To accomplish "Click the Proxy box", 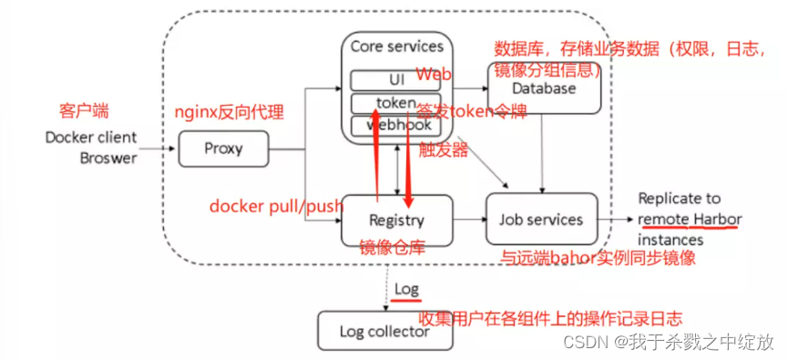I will click(x=223, y=148).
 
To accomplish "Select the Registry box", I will click(x=395, y=220).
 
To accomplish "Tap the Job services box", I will click(x=541, y=220).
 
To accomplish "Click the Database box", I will click(x=544, y=89).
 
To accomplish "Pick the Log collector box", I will click(x=384, y=331).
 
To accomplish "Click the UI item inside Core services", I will click(x=395, y=80).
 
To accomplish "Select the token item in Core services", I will click(x=395, y=102).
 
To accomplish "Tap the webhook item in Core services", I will click(x=395, y=125).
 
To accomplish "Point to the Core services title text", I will click(x=396, y=46).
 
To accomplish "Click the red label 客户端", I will click(x=84, y=110).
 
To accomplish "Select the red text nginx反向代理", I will click(x=229, y=113).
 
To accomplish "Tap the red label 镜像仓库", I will click(x=393, y=247).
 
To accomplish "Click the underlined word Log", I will click(x=406, y=289).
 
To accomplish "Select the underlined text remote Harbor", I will click(x=690, y=219).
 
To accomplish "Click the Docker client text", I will click(x=91, y=138).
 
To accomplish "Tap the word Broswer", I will click(x=106, y=158).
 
